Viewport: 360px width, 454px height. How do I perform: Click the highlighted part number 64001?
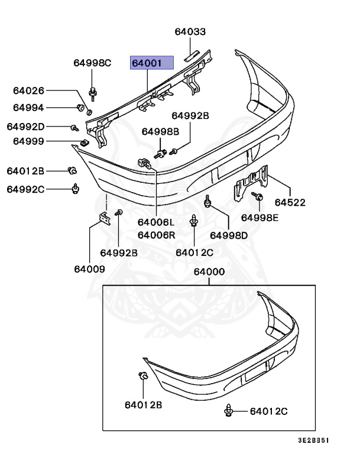[x=151, y=63]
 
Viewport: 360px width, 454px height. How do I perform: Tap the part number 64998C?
[x=92, y=63]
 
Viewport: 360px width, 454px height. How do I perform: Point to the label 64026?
[x=29, y=90]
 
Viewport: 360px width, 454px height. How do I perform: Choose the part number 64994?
[x=29, y=108]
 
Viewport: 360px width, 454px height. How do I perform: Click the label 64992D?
[x=25, y=127]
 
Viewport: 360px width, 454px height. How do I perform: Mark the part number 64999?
[x=29, y=141]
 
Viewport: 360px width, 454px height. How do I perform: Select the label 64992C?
[x=25, y=189]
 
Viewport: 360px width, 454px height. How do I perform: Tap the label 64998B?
[x=160, y=131]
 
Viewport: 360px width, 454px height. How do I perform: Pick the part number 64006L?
[x=156, y=223]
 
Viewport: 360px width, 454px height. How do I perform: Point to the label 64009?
[x=89, y=269]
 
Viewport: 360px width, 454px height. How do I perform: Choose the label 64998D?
[x=229, y=235]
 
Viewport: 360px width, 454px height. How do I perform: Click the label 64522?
[x=290, y=203]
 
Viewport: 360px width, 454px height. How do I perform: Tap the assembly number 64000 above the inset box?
[x=209, y=273]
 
